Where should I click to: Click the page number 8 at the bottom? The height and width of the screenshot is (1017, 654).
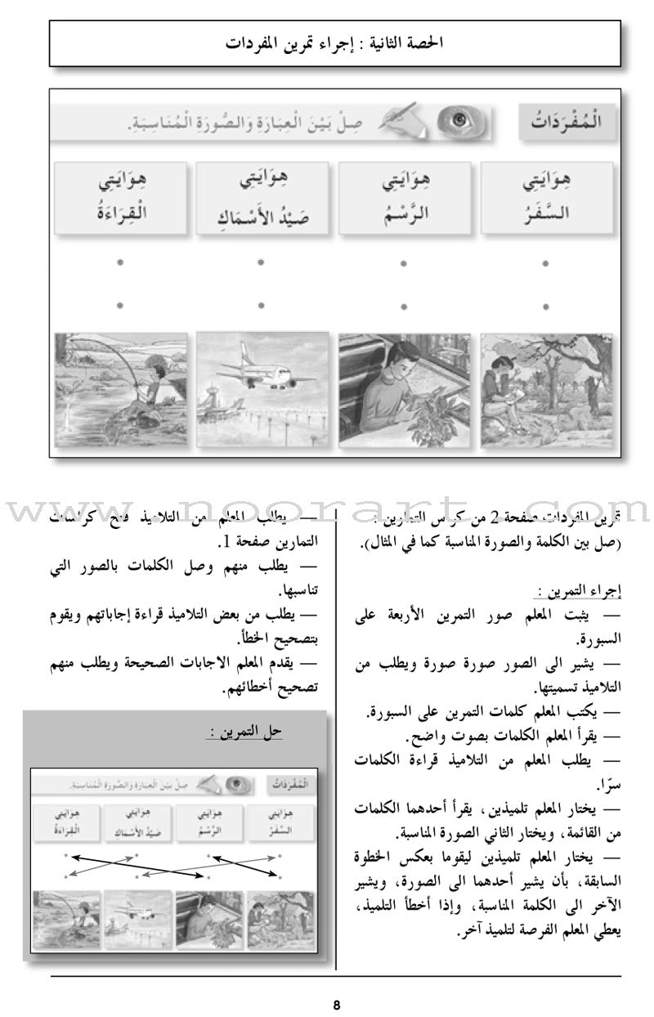[x=335, y=1005]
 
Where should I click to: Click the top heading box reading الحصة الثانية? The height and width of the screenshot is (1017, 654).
[x=335, y=43]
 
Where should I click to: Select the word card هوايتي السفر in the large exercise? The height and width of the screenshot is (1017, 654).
[x=545, y=199]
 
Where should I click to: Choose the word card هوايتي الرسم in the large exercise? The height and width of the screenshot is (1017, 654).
[x=404, y=199]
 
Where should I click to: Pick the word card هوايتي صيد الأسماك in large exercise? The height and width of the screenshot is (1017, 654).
[x=261, y=199]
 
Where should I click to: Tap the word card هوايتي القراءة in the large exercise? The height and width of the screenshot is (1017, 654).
[x=120, y=199]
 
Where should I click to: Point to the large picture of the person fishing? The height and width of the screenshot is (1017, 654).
[x=120, y=389]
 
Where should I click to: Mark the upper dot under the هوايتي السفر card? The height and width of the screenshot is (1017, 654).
[x=545, y=264]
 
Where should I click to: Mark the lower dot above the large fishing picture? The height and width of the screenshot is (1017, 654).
[x=120, y=306]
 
